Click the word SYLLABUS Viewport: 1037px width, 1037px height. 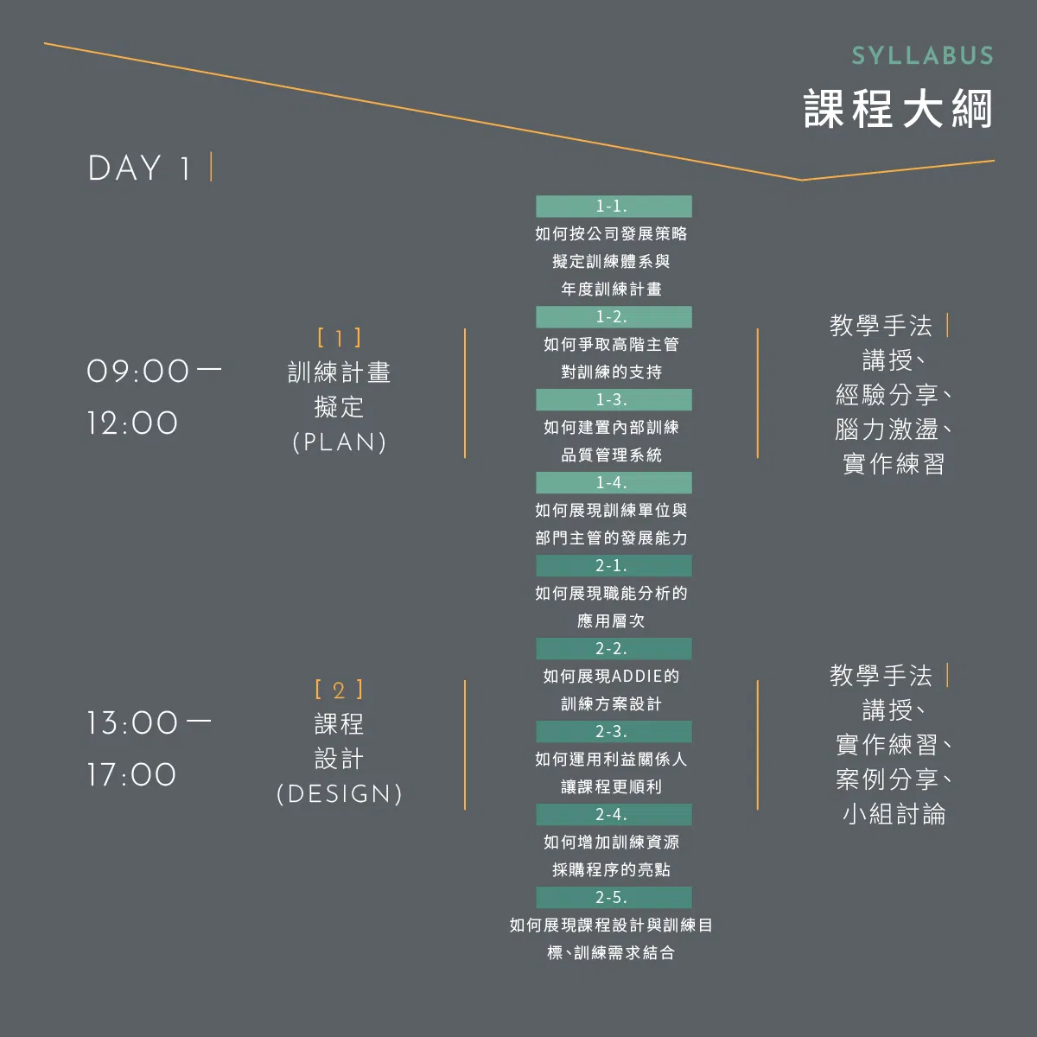pyautogui.click(x=922, y=56)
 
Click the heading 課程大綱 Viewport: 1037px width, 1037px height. pyautogui.click(x=898, y=109)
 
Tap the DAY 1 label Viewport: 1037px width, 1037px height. pyautogui.click(x=139, y=168)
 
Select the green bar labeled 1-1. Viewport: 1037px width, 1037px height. pyautogui.click(x=614, y=207)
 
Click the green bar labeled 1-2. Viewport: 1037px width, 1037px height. pyautogui.click(x=614, y=317)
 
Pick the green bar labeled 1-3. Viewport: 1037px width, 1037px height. pyautogui.click(x=614, y=400)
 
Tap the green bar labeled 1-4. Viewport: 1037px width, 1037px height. pyautogui.click(x=614, y=483)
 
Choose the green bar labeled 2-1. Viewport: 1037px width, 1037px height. pyautogui.click(x=614, y=565)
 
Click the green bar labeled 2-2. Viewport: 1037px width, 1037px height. pyautogui.click(x=614, y=648)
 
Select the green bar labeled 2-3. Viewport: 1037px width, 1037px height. pyautogui.click(x=614, y=731)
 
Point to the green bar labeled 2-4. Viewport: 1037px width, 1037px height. pyautogui.click(x=614, y=814)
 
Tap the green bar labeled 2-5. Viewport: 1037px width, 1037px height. pyautogui.click(x=614, y=897)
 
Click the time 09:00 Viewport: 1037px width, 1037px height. pyautogui.click(x=137, y=372)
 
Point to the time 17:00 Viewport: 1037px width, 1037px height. pyautogui.click(x=132, y=775)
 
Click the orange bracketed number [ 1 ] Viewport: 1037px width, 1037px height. pyautogui.click(x=339, y=338)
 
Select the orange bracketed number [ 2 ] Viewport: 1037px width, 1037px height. pyautogui.click(x=339, y=690)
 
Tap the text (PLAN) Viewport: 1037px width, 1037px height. pyautogui.click(x=339, y=442)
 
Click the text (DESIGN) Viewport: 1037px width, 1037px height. pyautogui.click(x=339, y=794)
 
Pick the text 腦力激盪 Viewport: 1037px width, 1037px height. pyautogui.click(x=887, y=429)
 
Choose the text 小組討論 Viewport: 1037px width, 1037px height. pyautogui.click(x=894, y=814)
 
